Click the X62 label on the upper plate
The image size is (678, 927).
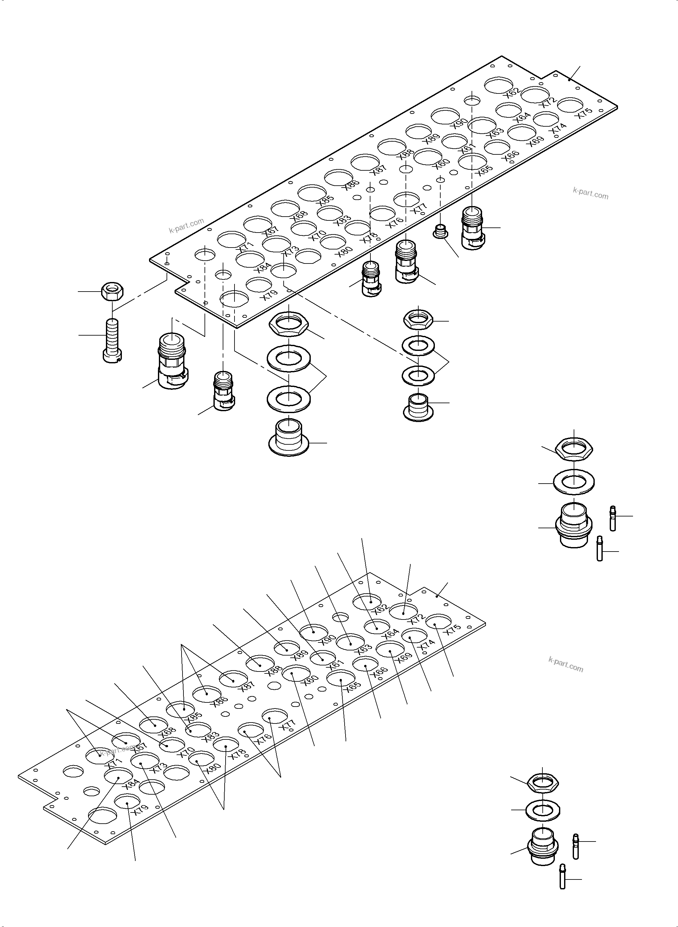(x=513, y=92)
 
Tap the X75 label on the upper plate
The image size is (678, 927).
(x=585, y=113)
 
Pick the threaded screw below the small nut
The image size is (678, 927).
(x=112, y=341)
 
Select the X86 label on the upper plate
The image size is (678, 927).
(x=352, y=185)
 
